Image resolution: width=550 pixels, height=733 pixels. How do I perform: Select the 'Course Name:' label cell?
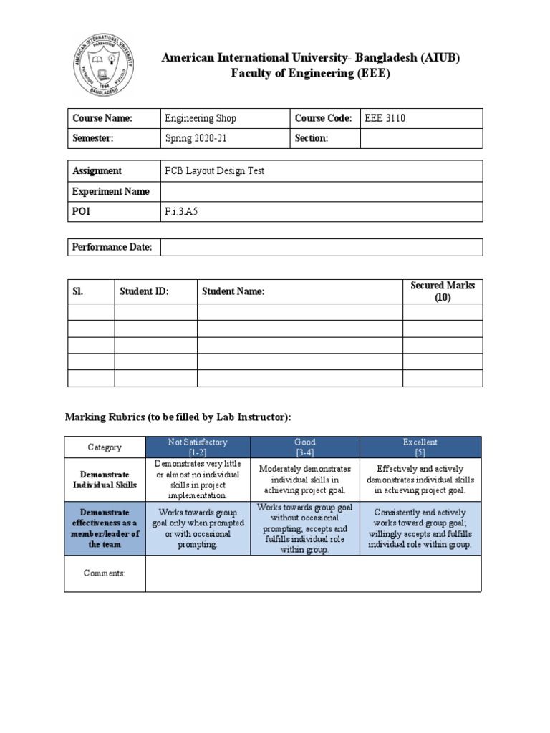click(102, 118)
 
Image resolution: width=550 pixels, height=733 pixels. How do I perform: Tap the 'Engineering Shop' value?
click(200, 118)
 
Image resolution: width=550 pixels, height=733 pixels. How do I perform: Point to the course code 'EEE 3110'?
click(385, 118)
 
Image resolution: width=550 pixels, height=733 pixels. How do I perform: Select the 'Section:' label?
click(311, 138)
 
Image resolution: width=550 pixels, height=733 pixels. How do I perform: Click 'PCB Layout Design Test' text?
click(214, 170)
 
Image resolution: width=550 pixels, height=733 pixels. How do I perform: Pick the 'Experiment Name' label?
click(110, 191)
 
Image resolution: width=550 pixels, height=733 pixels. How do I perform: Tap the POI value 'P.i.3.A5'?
click(180, 212)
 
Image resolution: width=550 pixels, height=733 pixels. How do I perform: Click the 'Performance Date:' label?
click(112, 247)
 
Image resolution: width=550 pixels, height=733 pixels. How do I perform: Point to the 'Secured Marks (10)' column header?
click(442, 291)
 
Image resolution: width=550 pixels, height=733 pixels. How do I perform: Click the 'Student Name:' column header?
click(233, 291)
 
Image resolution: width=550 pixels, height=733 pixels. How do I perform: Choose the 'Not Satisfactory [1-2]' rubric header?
click(197, 447)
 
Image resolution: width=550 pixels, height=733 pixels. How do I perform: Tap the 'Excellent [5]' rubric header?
click(420, 447)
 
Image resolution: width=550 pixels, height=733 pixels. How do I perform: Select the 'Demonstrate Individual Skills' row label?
click(105, 480)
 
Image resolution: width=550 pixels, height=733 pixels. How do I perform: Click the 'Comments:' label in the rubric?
click(105, 573)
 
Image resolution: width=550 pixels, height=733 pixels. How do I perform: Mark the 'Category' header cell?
click(105, 447)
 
